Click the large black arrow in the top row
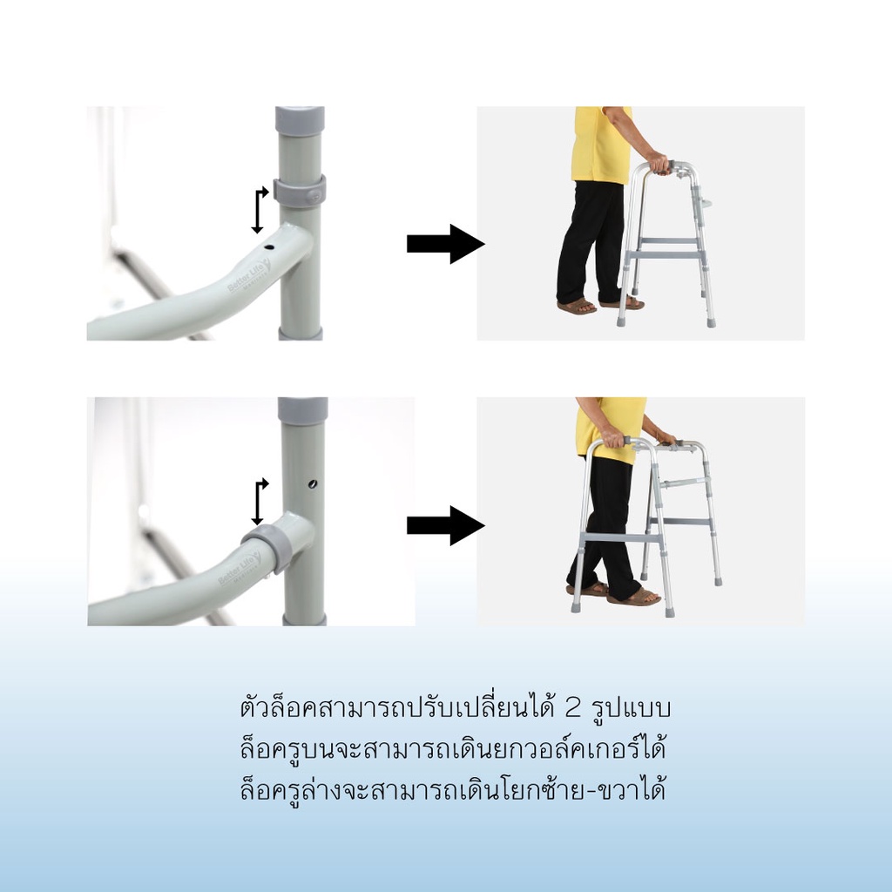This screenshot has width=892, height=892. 445,244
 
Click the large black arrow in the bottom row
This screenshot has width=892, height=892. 445,525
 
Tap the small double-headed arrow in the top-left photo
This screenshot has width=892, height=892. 259,210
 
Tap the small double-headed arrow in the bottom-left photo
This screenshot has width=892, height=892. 259,502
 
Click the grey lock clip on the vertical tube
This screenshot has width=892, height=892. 300,191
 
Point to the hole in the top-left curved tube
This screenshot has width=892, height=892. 269,247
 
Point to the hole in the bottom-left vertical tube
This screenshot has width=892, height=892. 313,484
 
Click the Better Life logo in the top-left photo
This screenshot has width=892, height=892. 248,277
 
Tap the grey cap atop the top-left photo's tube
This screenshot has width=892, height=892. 300,120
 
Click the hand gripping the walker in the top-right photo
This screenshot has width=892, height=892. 659,163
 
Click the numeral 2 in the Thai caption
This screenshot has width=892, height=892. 572,708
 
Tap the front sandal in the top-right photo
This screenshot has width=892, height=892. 577,307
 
